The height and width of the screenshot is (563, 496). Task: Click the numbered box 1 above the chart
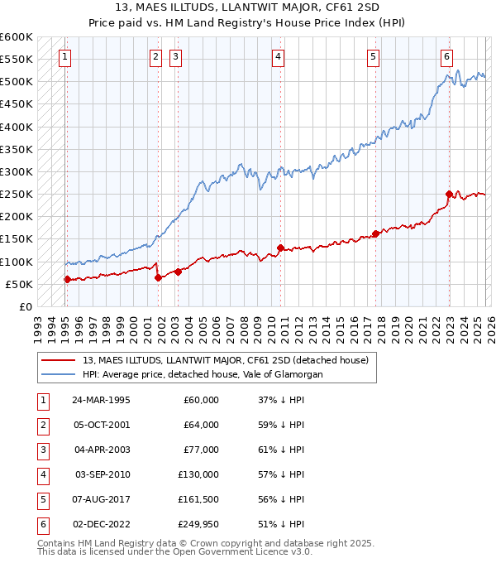click(64, 57)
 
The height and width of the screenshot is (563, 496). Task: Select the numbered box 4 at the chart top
click(279, 57)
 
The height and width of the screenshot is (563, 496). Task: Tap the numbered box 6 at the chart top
click(446, 57)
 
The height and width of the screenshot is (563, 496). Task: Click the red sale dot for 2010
click(281, 248)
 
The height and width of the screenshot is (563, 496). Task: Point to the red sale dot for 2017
click(375, 233)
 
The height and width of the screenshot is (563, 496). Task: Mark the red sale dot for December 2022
click(449, 195)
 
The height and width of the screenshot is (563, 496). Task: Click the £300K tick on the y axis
click(17, 172)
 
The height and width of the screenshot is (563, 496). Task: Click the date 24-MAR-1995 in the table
click(100, 400)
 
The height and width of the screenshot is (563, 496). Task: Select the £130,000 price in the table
click(198, 474)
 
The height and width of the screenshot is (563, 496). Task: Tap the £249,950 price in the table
click(198, 524)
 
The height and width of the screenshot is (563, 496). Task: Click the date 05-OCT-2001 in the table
click(100, 425)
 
